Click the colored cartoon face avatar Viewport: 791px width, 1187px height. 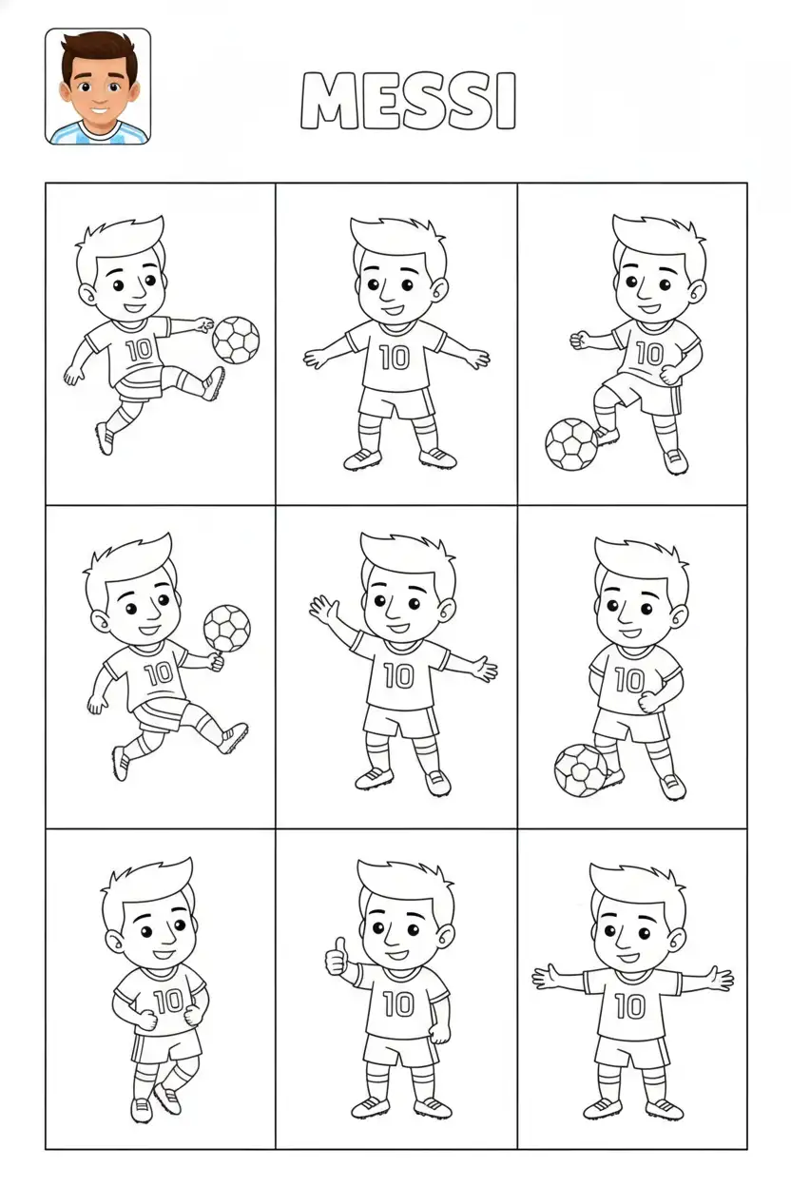[98, 87]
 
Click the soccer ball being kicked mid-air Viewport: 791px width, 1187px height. [236, 340]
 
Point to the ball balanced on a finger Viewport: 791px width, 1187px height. [227, 629]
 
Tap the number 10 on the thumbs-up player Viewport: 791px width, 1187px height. [398, 1003]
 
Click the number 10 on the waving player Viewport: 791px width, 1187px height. [398, 675]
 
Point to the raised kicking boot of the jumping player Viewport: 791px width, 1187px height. [213, 383]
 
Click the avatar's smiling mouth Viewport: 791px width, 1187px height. [100, 110]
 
